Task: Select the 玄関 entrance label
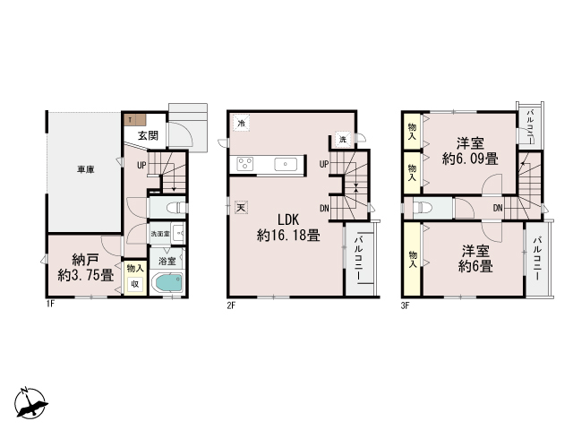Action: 149,136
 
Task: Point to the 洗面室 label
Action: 159,234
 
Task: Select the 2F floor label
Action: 231,305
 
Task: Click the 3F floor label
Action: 405,305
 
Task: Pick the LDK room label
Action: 286,219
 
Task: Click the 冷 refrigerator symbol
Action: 243,125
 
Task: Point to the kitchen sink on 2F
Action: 286,163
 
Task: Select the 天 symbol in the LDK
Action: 241,209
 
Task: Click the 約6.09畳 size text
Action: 470,159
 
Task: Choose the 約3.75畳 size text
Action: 85,275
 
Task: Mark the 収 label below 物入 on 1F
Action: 135,285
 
